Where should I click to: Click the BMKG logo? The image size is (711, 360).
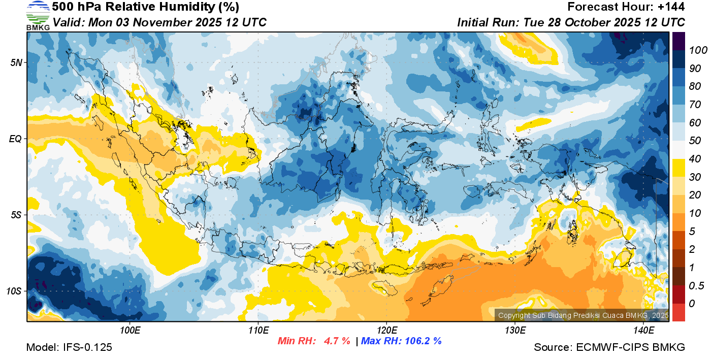(x=38, y=15)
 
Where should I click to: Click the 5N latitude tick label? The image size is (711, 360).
(x=16, y=62)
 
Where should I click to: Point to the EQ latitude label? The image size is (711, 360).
(x=15, y=139)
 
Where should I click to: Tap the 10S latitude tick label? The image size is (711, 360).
(x=14, y=291)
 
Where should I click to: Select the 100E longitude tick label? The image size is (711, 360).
(x=130, y=331)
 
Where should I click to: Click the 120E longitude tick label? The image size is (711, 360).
(x=386, y=331)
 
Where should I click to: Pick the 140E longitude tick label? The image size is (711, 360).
(x=643, y=331)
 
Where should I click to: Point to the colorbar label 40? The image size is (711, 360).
(x=694, y=159)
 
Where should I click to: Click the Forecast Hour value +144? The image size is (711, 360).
(x=671, y=7)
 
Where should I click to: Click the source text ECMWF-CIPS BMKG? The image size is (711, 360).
(x=631, y=347)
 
